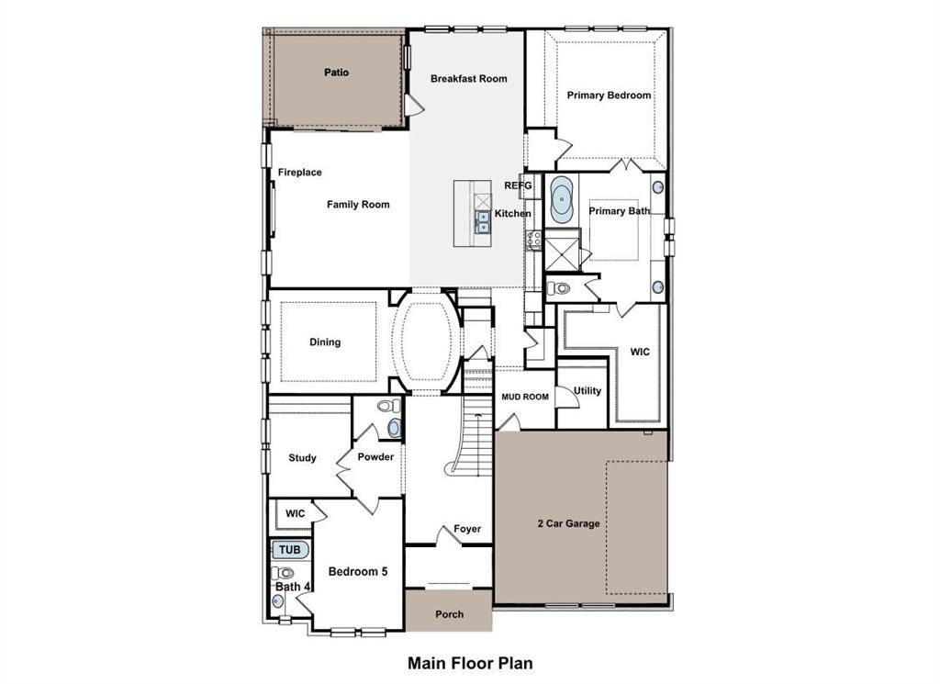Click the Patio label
pyautogui.click(x=336, y=73)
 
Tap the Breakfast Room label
pyautogui.click(x=468, y=79)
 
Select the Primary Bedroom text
pyautogui.click(x=609, y=95)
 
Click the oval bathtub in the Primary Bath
pyautogui.click(x=562, y=199)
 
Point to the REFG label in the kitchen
pyautogui.click(x=518, y=185)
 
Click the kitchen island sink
pyautogui.click(x=482, y=221)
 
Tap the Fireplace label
pyautogui.click(x=300, y=173)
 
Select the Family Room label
pyautogui.click(x=358, y=205)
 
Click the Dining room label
pyautogui.click(x=325, y=342)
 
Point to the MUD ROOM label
pyautogui.click(x=525, y=398)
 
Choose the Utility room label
pyautogui.click(x=587, y=391)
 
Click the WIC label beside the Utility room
pyautogui.click(x=640, y=352)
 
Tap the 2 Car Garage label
pyautogui.click(x=568, y=524)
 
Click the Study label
pyautogui.click(x=302, y=458)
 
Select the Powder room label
pyautogui.click(x=375, y=457)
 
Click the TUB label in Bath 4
pyautogui.click(x=289, y=550)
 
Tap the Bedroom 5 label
pyautogui.click(x=358, y=572)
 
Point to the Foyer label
pyautogui.click(x=467, y=529)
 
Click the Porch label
pyautogui.click(x=449, y=614)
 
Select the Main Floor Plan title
pyautogui.click(x=470, y=662)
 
